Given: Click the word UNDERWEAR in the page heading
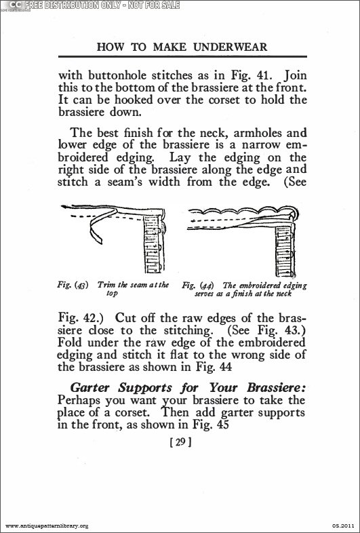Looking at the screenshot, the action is (x=230, y=47).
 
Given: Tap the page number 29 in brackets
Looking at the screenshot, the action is (x=180, y=442).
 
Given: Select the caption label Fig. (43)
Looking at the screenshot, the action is (x=73, y=285).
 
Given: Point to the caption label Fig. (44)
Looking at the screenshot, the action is (x=197, y=285).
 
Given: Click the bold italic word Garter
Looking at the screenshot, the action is (x=90, y=388).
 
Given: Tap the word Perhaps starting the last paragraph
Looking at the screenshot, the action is (x=79, y=401).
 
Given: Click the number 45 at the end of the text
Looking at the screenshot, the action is (x=222, y=425).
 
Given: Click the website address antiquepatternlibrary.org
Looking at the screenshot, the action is (x=47, y=526).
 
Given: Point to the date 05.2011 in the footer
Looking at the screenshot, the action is (x=344, y=526).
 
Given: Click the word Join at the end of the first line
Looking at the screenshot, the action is (x=296, y=75).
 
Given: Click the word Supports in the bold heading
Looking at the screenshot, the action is (x=147, y=389).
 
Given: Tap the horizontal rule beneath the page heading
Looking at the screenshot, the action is (x=182, y=56).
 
